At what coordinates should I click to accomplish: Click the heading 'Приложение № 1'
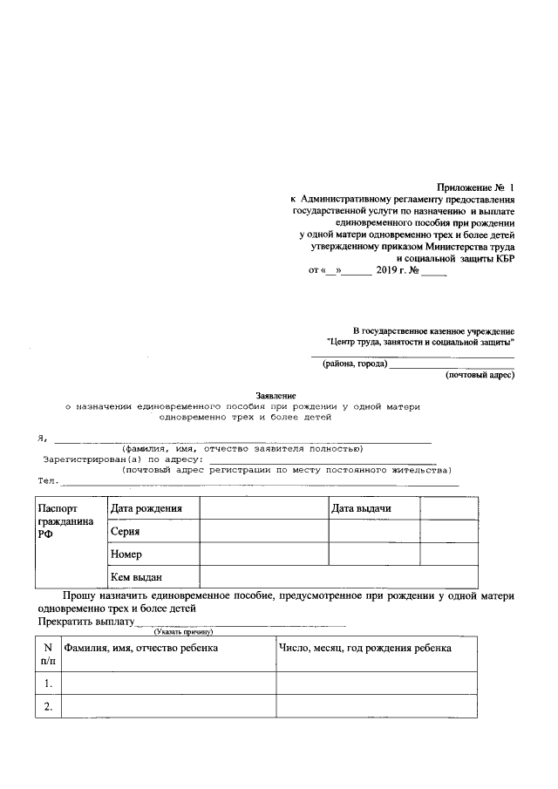[x=475, y=187]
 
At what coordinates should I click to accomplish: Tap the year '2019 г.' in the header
[x=398, y=270]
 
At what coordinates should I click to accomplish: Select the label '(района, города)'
[x=354, y=364]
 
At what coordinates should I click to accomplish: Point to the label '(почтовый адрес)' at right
[x=480, y=376]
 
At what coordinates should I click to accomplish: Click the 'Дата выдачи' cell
[x=373, y=508]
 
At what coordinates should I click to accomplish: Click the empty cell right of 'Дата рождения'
[x=263, y=508]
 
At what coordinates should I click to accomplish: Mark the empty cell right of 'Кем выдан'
[x=338, y=576]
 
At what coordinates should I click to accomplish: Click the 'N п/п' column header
[x=47, y=654]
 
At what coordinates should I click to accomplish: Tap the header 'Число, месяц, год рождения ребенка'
[x=364, y=648]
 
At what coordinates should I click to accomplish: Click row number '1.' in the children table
[x=47, y=683]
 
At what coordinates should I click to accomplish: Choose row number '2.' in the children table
[x=47, y=706]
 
